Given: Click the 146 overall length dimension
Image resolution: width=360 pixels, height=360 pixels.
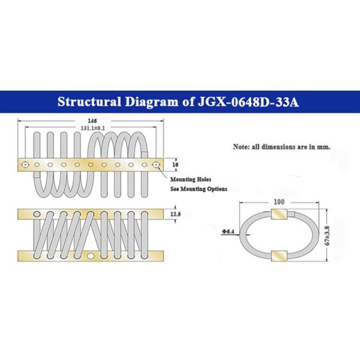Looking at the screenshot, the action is tap(92, 121).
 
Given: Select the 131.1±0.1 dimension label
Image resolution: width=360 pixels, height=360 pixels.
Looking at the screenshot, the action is tap(93, 128).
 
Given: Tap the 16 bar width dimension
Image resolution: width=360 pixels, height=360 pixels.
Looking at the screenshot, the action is tap(175, 164).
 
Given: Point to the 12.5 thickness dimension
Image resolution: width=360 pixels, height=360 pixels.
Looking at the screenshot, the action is tap(175, 214).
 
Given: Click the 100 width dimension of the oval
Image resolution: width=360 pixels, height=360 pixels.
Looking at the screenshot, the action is tap(279, 202).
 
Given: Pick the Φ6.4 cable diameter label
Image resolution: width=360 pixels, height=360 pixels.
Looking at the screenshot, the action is tap(228, 232).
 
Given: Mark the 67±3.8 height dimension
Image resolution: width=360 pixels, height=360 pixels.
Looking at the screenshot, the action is tap(328, 236).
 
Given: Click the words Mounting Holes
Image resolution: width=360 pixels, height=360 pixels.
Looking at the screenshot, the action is tap(191, 179).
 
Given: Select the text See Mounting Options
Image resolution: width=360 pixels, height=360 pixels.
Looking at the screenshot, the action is tap(199, 189).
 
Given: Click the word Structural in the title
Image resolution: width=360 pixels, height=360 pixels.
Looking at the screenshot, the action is tap(89, 102).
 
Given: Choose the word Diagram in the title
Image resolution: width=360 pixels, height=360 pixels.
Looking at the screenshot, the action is tap(152, 102).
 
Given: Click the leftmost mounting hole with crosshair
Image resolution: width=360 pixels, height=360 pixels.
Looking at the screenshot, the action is tap(25, 164).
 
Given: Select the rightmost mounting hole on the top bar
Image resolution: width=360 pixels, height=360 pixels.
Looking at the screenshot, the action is tap(156, 164).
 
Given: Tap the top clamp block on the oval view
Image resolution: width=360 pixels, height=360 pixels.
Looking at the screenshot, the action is tap(279, 214).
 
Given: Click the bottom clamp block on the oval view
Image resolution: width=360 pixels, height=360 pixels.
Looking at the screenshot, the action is tap(279, 256).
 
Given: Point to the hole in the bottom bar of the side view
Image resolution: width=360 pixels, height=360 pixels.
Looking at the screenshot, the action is tap(91, 256).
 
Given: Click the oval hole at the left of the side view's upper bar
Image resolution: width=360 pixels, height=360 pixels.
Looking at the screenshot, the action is tap(37, 214).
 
